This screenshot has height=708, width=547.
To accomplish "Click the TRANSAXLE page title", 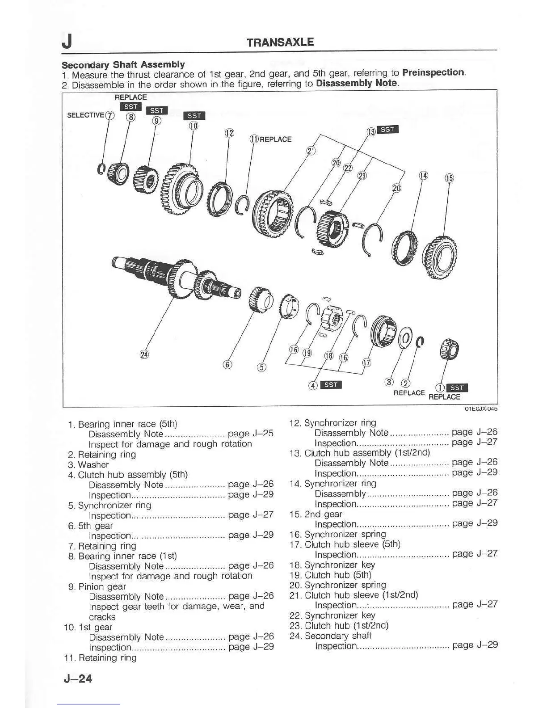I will pyautogui.click(x=280, y=42).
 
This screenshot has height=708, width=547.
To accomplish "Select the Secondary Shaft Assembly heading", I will pyautogui.click(x=123, y=64).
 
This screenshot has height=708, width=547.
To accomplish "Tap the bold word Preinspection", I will pyautogui.click(x=433, y=72).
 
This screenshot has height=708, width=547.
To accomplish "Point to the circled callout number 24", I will pyautogui.click(x=144, y=354).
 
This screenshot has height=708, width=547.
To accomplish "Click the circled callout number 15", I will pyautogui.click(x=449, y=178).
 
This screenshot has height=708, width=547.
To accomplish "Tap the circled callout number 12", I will pyautogui.click(x=229, y=133).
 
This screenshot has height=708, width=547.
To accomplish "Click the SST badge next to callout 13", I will pyautogui.click(x=387, y=130).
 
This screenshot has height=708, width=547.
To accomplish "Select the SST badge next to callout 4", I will pyautogui.click(x=331, y=385).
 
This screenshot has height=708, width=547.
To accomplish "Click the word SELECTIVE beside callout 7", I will pyautogui.click(x=85, y=115).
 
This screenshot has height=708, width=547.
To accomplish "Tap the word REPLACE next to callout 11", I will pyautogui.click(x=275, y=139).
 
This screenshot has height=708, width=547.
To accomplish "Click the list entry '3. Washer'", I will pyautogui.click(x=88, y=465).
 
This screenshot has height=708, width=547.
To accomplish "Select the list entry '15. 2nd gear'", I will pyautogui.click(x=316, y=514).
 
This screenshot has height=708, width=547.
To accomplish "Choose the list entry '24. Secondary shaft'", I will pyautogui.click(x=330, y=636).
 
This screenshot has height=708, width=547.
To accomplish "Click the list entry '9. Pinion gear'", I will pyautogui.click(x=97, y=586).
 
